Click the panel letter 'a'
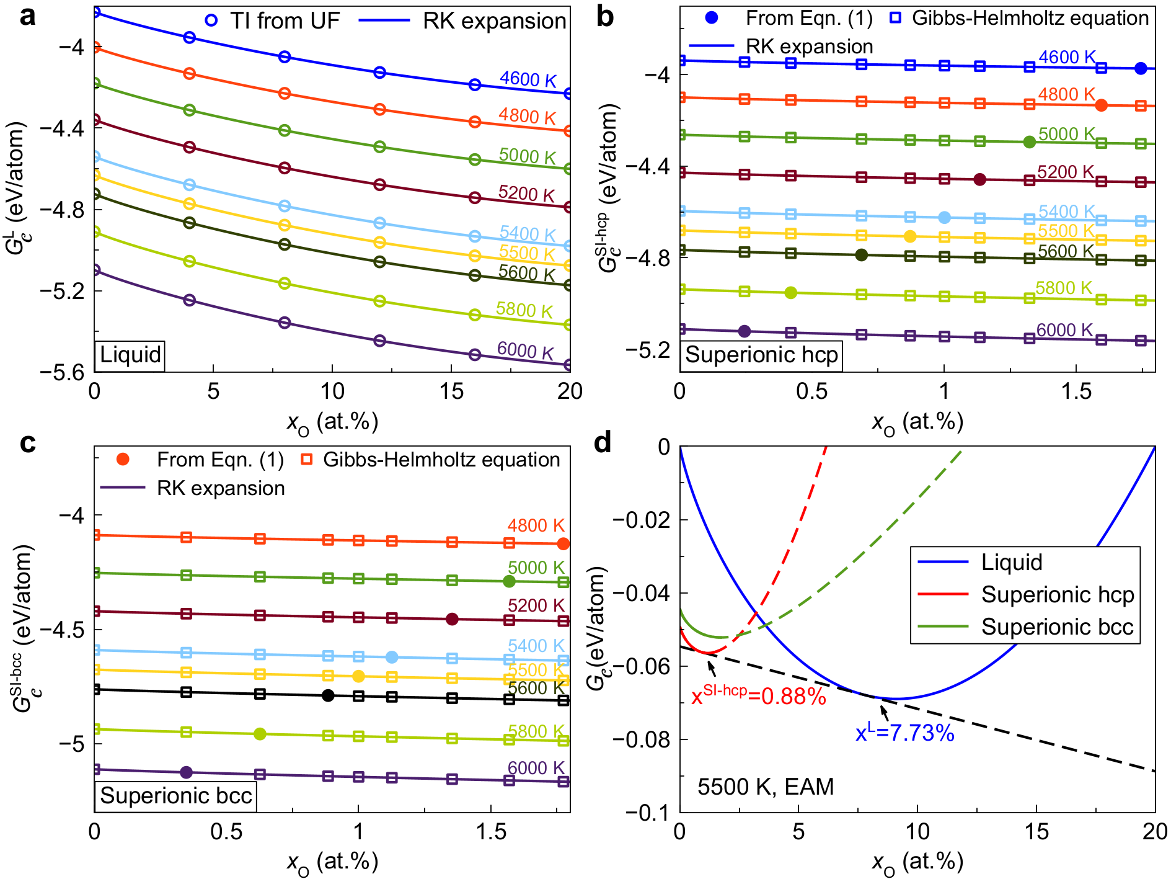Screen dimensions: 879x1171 click(x=27, y=17)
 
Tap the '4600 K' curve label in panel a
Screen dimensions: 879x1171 click(x=528, y=79)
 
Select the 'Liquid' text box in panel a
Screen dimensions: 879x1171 click(x=130, y=355)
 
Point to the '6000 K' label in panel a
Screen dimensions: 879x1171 click(x=525, y=350)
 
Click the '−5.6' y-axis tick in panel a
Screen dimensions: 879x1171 click(x=63, y=372)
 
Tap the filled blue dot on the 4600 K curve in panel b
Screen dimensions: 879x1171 click(x=1141, y=68)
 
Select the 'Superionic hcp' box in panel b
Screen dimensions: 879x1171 click(x=761, y=355)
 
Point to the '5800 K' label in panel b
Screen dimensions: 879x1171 click(x=1064, y=288)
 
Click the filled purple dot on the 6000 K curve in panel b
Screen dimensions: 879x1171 click(x=745, y=331)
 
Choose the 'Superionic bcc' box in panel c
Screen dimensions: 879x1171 click(x=176, y=796)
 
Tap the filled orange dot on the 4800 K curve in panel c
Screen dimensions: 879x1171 click(x=563, y=544)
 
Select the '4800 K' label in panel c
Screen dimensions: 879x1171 click(x=536, y=525)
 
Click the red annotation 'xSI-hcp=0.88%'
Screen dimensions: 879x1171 click(x=759, y=696)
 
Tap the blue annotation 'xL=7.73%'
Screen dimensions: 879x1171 click(x=904, y=733)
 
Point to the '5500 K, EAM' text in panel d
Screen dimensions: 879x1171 click(x=766, y=787)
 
